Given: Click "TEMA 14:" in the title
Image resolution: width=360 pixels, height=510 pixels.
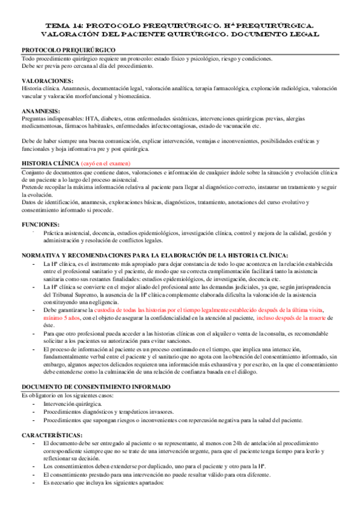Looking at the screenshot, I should coord(66,26).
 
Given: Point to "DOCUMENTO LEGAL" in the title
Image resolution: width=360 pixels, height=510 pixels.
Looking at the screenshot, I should coord(276,35).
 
